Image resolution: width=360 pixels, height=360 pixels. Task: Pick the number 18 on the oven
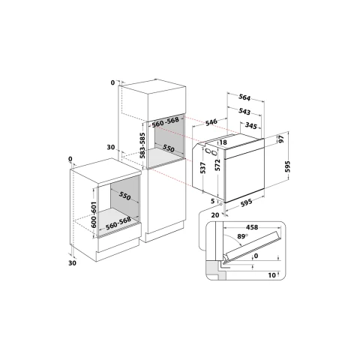click(x=223, y=142)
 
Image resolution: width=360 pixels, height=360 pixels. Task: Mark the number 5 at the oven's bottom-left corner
click(x=213, y=201)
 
